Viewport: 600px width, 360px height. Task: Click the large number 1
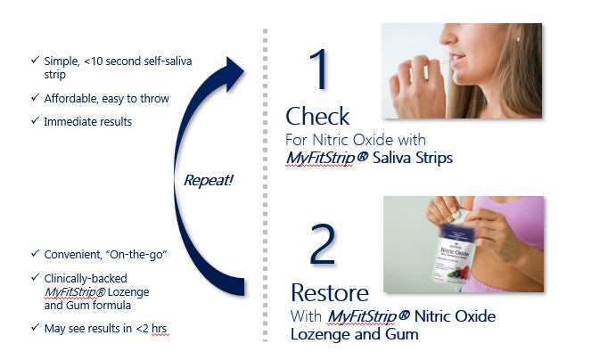319,70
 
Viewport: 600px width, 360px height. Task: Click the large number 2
323,244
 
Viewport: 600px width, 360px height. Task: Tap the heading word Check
317,117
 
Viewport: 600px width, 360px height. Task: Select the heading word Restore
330,293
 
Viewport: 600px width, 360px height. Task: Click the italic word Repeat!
209,180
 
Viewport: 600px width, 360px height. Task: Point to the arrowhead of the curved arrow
234,73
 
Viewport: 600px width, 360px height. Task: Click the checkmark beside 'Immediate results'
35,121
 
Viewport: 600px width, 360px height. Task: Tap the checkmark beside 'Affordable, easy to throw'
35,97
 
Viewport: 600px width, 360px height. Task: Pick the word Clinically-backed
86,279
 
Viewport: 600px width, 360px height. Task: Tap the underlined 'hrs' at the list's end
160,329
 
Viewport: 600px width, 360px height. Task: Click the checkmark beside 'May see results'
35,328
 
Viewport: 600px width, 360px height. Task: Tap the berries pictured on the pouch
459,274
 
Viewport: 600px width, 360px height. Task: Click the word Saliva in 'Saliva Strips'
390,158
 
